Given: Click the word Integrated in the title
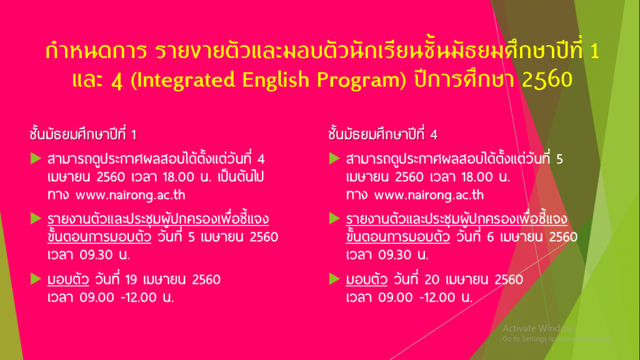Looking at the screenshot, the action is (x=186, y=80).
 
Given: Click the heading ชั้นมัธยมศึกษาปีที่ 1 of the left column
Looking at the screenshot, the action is (x=83, y=134).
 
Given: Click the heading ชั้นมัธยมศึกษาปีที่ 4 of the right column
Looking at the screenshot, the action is (x=382, y=134).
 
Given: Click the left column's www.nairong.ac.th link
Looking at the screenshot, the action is (x=130, y=195).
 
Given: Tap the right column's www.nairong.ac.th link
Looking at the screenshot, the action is (x=429, y=195).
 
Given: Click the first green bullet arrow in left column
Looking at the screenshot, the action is (x=36, y=158).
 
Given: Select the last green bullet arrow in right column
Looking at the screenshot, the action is (x=335, y=279).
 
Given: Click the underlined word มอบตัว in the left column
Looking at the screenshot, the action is (x=68, y=279).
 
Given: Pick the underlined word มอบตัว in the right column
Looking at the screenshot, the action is (x=366, y=279).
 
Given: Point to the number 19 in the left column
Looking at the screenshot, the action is (x=131, y=279).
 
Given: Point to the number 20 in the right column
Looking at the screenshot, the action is (x=432, y=279).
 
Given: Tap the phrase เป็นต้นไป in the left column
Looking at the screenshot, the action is (x=241, y=176).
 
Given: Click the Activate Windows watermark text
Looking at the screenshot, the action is (x=539, y=328).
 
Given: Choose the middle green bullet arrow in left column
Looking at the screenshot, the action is (x=36, y=218).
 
